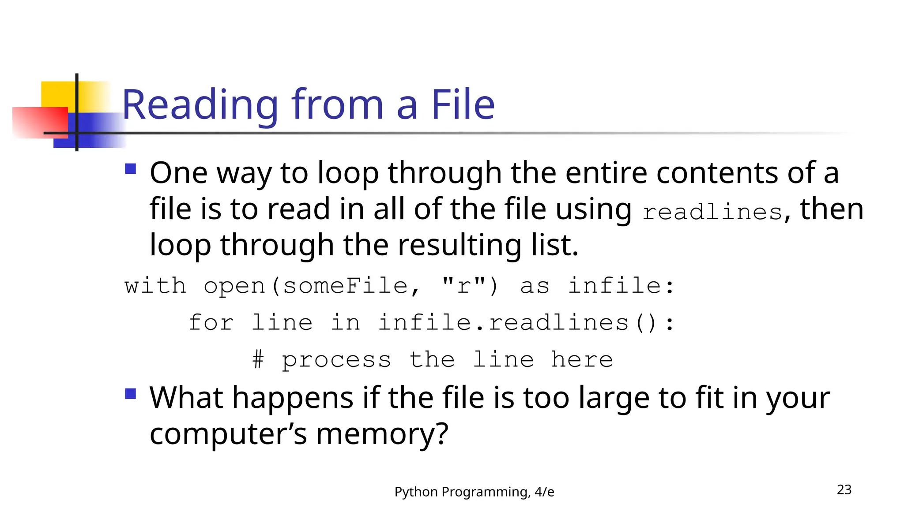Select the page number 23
844,489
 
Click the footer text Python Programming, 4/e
474,492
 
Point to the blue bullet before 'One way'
131,169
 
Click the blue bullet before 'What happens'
131,393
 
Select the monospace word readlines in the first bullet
712,212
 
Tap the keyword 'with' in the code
155,286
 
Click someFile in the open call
346,286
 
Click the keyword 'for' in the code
211,322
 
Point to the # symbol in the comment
258,359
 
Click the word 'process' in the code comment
336,360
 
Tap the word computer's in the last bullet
228,434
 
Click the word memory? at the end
382,434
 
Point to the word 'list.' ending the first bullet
554,245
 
